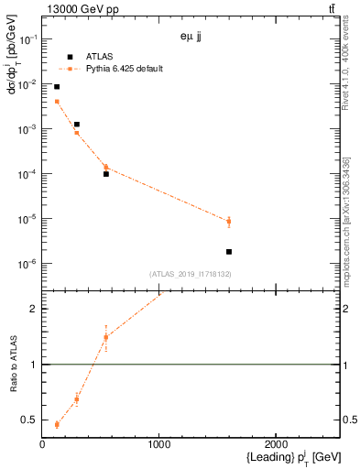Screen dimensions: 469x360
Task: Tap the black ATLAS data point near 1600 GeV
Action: (229, 251)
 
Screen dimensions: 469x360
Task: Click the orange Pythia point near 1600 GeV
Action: (229, 221)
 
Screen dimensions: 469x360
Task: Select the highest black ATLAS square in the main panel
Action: (57, 87)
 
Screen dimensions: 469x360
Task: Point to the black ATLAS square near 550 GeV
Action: (106, 173)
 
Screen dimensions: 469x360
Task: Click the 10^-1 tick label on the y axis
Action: (26, 39)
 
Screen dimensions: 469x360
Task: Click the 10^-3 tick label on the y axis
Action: (26, 129)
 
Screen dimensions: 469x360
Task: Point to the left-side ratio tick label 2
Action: (33, 309)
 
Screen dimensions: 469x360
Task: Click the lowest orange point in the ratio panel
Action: (57, 424)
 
